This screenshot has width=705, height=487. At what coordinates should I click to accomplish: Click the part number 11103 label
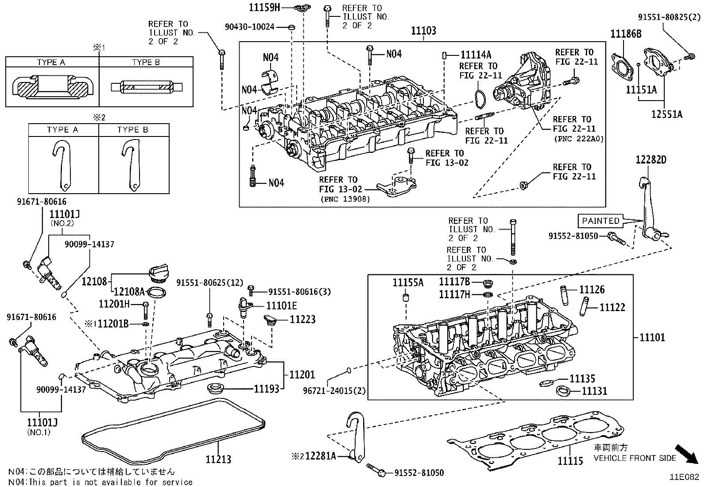tap(423, 31)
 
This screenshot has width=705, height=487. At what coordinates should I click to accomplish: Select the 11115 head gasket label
tap(570, 461)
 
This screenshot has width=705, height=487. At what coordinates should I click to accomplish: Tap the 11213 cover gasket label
tap(218, 459)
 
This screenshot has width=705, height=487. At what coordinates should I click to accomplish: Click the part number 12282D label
tap(651, 160)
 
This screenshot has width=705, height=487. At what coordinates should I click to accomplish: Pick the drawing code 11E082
tap(684, 477)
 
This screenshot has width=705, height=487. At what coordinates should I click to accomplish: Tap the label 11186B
tap(626, 34)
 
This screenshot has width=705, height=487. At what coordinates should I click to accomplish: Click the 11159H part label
tap(264, 7)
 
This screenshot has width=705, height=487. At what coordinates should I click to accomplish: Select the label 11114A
tap(476, 55)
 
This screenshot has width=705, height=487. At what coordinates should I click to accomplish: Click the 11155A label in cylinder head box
tap(408, 282)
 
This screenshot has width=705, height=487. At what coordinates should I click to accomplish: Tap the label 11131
tap(594, 391)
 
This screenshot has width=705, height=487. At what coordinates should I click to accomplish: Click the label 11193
tap(267, 389)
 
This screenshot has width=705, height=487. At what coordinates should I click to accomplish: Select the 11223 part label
tap(303, 319)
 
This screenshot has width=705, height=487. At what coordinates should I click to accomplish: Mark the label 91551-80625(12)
tap(209, 282)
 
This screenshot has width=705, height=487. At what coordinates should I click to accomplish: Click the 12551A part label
tap(666, 114)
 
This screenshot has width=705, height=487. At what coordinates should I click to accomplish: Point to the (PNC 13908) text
tap(345, 199)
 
